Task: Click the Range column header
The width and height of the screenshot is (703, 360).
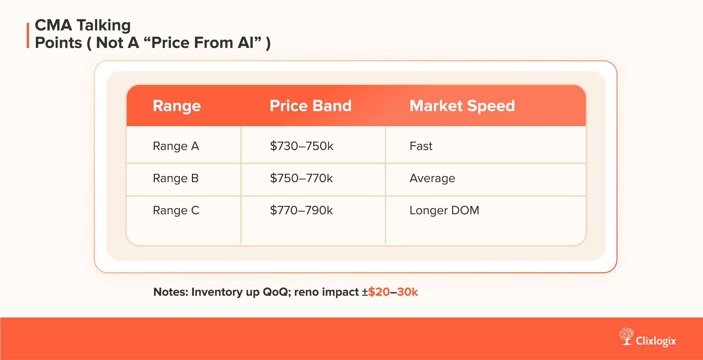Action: coord(177,106)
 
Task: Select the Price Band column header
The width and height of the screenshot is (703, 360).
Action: coord(310,106)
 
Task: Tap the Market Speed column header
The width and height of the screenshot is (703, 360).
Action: coord(462,106)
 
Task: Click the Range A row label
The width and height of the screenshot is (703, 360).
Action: coord(176,146)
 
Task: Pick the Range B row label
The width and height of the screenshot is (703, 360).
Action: coord(176,178)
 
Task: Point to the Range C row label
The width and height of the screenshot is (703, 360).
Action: coord(176,210)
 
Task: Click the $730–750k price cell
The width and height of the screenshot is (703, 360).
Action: coord(302,146)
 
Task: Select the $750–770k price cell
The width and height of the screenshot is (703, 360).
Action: coord(301,178)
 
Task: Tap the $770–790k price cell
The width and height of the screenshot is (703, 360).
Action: coord(301,210)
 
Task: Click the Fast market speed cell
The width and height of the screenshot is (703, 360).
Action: coord(421,146)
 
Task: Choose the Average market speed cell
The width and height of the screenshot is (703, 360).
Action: coord(432,178)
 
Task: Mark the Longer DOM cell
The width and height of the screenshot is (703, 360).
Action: coord(444,210)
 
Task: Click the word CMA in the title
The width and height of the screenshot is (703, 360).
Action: coord(54,25)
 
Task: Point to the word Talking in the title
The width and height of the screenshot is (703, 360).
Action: coord(104,26)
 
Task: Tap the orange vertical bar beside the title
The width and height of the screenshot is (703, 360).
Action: coord(28,35)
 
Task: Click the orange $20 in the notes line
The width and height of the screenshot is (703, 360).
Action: coord(379,292)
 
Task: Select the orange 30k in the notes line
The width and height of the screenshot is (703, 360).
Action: coord(407,292)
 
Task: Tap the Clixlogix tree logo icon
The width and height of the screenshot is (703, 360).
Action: coord(626,336)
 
